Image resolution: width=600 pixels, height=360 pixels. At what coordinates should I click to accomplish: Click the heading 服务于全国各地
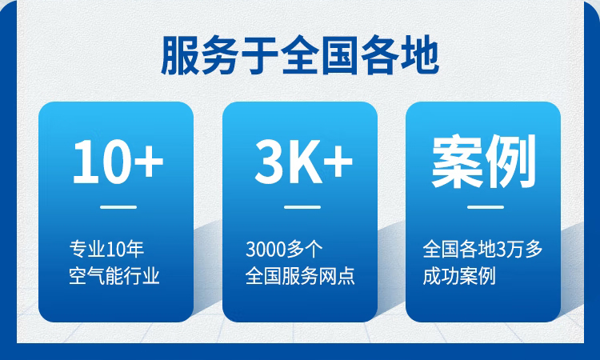pyautogui.click(x=300, y=55)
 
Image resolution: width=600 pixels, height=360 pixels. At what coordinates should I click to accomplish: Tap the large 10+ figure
pyautogui.click(x=118, y=161)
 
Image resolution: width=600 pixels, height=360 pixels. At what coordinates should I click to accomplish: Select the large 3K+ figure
pyautogui.click(x=303, y=161)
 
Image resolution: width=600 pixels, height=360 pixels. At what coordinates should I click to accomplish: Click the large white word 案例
pyautogui.click(x=484, y=161)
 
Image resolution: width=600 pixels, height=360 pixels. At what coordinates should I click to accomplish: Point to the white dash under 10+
pyautogui.click(x=118, y=207)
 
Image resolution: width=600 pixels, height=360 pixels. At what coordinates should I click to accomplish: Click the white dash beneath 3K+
pyautogui.click(x=302, y=207)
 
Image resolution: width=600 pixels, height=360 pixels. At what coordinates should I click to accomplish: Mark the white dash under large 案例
pyautogui.click(x=486, y=207)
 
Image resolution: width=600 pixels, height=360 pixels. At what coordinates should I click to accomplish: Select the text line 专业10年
pyautogui.click(x=106, y=249)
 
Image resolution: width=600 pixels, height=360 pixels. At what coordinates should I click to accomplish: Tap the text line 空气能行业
pyautogui.click(x=114, y=276)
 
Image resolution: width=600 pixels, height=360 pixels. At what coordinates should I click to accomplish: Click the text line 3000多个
pyautogui.click(x=284, y=249)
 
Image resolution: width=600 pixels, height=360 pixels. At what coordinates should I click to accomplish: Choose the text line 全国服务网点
pyautogui.click(x=300, y=276)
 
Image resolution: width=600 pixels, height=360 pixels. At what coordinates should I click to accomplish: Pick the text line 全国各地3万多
pyautogui.click(x=482, y=249)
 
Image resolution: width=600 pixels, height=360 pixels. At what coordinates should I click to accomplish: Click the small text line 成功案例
pyautogui.click(x=459, y=276)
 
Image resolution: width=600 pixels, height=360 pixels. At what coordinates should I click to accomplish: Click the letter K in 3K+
pyautogui.click(x=306, y=161)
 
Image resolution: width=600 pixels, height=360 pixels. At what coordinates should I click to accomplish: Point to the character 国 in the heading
pyautogui.click(x=340, y=55)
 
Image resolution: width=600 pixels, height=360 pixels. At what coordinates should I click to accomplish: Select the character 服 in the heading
pyautogui.click(x=180, y=55)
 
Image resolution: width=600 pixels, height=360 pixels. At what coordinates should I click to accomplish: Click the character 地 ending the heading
pyautogui.click(x=420, y=55)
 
